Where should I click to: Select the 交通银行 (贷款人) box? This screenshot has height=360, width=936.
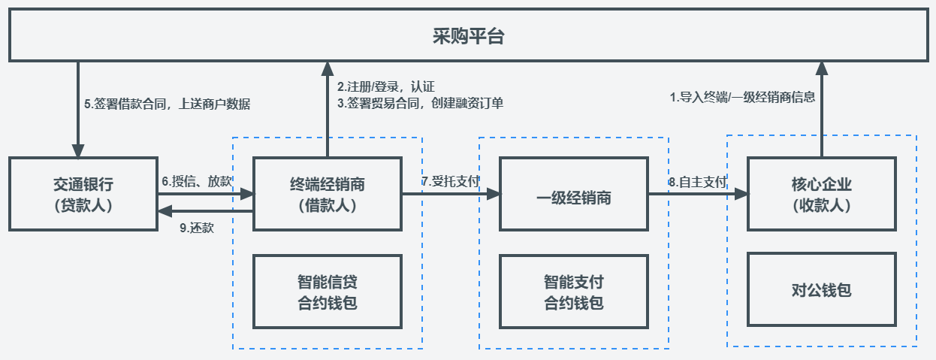point(83,194)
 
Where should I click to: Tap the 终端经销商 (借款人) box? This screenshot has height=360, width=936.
point(328,194)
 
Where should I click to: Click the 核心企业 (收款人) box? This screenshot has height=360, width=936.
point(821,194)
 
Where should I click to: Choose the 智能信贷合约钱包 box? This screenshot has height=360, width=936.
point(328,292)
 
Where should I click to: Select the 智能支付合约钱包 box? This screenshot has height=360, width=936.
point(574,292)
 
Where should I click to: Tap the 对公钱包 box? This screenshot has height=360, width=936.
point(821,290)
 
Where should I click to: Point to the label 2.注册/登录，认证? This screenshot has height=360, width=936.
point(386,86)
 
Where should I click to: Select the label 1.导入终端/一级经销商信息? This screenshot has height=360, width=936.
point(742,97)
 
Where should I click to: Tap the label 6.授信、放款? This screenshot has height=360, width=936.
point(197,181)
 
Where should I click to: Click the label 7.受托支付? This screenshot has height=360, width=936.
point(450,181)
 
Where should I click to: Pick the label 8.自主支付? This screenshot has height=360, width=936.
point(698,181)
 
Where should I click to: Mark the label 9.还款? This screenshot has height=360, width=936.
point(197,228)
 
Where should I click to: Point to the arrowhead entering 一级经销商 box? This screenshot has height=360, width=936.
point(493,194)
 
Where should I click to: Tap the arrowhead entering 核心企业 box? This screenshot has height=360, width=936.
point(741,194)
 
